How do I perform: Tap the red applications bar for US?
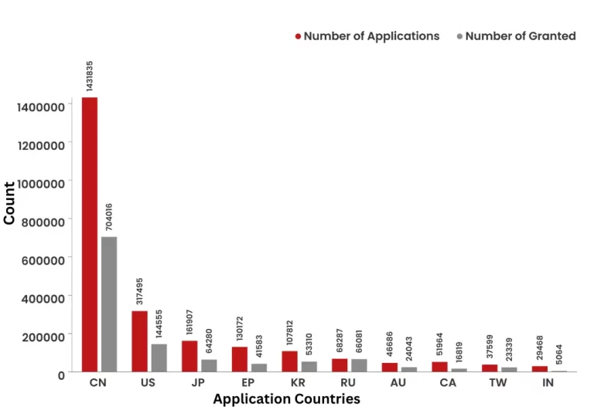point(139,341)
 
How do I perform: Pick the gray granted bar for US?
point(159,358)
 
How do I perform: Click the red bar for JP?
point(189,356)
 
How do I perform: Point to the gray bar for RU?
point(359,365)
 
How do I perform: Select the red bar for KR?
point(289,361)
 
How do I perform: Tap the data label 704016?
point(109,216)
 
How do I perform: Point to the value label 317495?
point(139,292)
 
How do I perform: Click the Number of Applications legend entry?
point(367,36)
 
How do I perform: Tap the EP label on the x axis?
point(248,383)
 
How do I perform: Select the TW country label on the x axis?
point(498,383)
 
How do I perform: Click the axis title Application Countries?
point(286,399)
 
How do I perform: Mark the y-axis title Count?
point(9,202)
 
